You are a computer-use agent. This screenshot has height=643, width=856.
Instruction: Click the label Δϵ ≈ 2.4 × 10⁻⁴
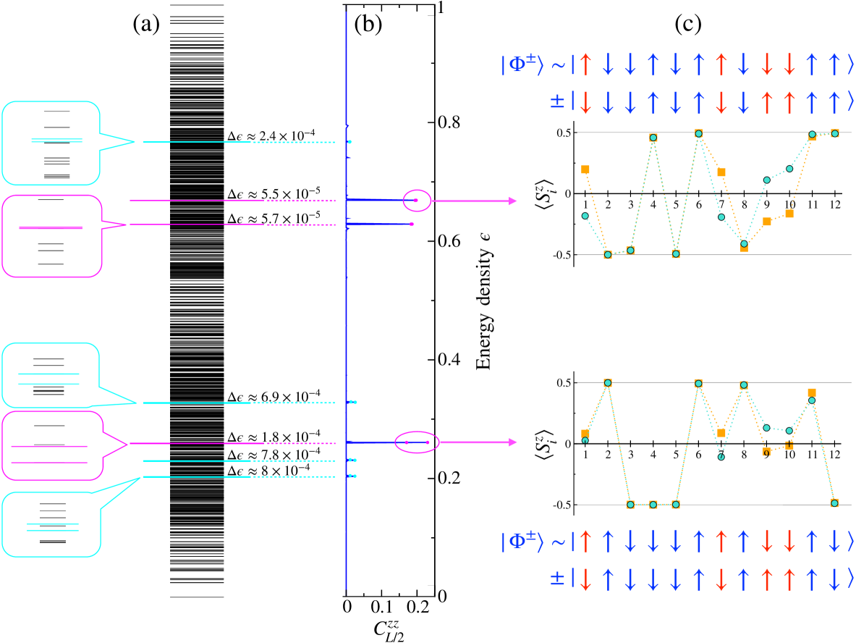click(x=270, y=134)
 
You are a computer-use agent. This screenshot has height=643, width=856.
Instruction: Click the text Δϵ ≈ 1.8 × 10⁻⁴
click(x=270, y=436)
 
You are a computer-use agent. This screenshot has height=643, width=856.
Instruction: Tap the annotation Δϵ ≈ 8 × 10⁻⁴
click(x=268, y=471)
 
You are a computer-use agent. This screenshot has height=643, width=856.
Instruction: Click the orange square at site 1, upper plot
click(x=585, y=169)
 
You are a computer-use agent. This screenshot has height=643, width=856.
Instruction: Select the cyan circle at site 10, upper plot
click(x=789, y=169)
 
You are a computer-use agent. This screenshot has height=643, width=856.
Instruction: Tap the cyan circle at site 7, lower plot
click(x=721, y=456)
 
